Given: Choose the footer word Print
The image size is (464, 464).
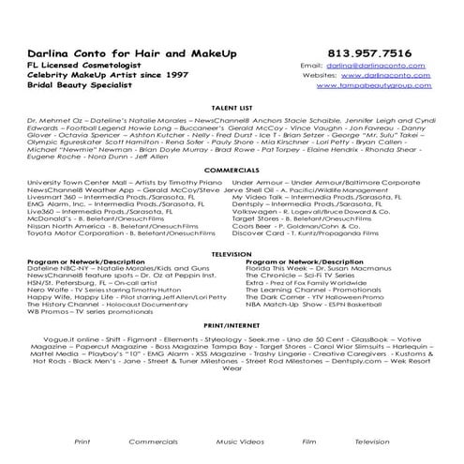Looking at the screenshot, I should pyautogui.click(x=82, y=440).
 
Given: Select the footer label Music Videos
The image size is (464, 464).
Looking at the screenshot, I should pyautogui.click(x=239, y=440).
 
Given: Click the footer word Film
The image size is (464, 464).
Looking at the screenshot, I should pyautogui.click(x=308, y=440).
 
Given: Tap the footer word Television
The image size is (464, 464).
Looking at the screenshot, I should pyautogui.click(x=372, y=440).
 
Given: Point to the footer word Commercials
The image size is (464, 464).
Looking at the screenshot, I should pyautogui.click(x=153, y=440).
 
